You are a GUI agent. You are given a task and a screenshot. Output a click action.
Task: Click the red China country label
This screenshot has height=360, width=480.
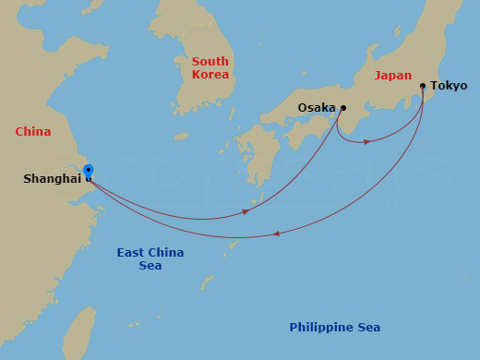[32, 132]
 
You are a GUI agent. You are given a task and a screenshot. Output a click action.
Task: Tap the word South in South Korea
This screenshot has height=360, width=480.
[210, 62]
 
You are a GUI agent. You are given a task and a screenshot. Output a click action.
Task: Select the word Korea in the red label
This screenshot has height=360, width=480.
[210, 75]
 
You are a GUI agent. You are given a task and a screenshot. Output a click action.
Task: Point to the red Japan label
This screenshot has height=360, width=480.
[393, 76]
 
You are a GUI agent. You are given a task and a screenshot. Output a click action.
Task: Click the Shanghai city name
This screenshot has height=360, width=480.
[52, 179]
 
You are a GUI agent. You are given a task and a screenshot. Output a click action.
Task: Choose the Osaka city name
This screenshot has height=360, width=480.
[316, 108]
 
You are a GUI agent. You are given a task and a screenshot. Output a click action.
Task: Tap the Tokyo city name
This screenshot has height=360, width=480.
[449, 86]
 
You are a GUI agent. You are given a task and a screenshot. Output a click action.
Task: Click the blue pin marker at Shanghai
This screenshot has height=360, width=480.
[88, 171]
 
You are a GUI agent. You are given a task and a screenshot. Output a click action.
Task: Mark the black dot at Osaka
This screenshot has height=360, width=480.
[342, 108]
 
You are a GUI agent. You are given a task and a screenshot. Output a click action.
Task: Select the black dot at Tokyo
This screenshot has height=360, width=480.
[423, 86]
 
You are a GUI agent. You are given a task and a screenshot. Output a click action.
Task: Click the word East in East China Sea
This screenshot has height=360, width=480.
[132, 253]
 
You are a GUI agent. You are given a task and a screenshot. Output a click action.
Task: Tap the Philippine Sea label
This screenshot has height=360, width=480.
[334, 328]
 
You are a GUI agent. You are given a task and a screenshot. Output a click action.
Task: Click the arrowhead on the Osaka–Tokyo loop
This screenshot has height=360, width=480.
[367, 141]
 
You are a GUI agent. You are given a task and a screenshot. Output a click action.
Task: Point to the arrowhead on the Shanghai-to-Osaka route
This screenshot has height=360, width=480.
[246, 211]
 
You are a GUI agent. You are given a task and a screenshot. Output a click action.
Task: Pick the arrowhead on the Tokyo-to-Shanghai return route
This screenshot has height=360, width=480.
[278, 234]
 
